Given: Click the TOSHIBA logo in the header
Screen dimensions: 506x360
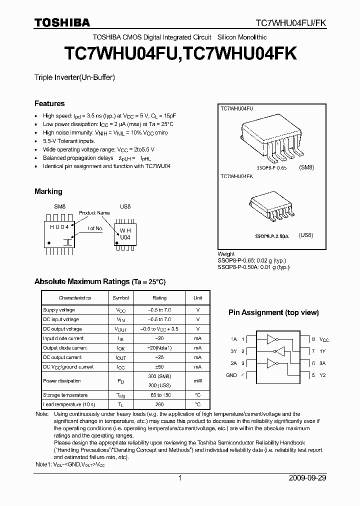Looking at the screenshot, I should tap(62, 22).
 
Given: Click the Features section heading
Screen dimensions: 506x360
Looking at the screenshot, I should tap(49, 103).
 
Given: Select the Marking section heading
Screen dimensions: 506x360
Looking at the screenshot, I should tap(48, 191).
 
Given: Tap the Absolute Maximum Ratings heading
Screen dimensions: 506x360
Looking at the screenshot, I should tap(100, 282).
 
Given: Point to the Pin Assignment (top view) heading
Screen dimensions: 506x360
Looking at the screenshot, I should tap(273, 312).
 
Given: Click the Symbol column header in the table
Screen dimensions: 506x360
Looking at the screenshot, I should tap(120, 298).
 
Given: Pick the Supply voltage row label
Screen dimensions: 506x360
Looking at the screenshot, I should tap(59, 310).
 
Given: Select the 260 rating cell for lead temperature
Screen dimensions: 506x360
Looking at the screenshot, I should tap(159, 404).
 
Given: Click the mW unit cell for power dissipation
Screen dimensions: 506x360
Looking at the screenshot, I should tap(198, 380).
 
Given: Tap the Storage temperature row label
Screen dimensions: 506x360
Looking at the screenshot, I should tap(65, 395).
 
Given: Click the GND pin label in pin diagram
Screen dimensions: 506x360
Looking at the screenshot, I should tap(231, 375).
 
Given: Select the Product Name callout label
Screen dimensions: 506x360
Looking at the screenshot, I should tap(94, 212).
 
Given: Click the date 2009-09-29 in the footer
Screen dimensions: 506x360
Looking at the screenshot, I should tap(307, 478).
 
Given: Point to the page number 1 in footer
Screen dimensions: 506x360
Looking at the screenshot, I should tap(179, 478).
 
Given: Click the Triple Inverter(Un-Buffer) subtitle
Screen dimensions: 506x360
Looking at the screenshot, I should tap(74, 77).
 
